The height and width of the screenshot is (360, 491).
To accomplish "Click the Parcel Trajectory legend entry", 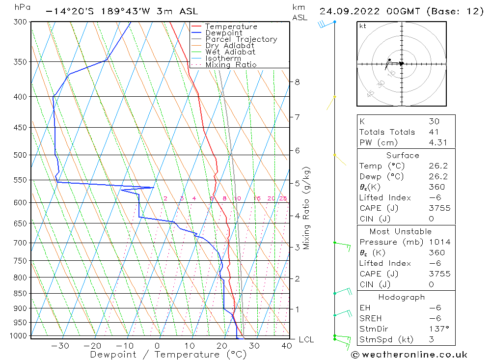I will click(x=241, y=39).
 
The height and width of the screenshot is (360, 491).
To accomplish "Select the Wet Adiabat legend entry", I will click(x=230, y=52).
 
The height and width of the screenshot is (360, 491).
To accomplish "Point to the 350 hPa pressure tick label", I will click(x=20, y=62).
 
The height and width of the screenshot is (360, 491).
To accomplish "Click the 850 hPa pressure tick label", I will click(x=20, y=294).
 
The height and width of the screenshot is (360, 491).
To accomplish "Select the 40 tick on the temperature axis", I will click(x=287, y=346).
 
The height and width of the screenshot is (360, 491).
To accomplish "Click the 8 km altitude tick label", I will click(x=297, y=82).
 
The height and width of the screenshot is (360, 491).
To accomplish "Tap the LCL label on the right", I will click(x=306, y=340).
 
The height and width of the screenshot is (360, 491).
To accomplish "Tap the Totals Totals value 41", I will click(x=434, y=132).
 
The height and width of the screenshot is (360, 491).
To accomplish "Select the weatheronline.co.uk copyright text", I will click(x=409, y=355).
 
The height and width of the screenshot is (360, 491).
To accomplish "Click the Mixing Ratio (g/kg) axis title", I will click(x=306, y=208).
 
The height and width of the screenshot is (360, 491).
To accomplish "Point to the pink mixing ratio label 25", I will click(x=283, y=198).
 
